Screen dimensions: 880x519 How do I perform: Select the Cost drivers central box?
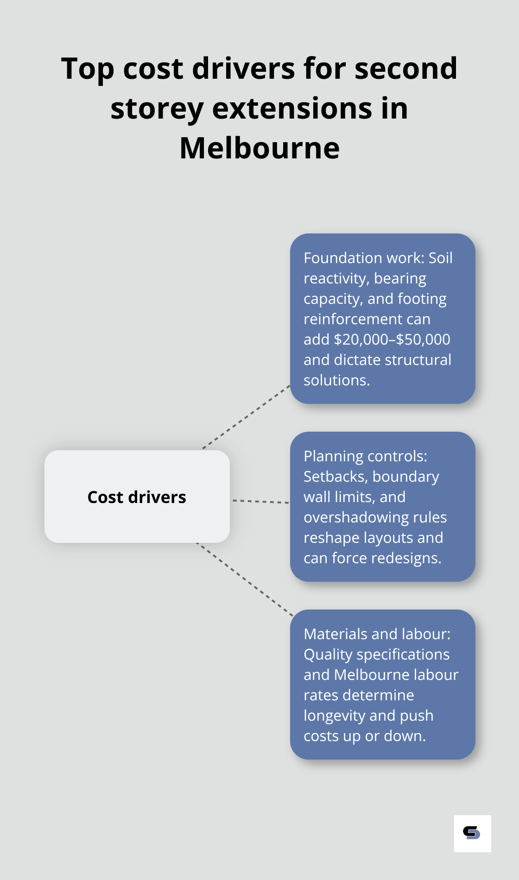pos(137,497)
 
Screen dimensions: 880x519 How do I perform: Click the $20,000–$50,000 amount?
pos(392,339)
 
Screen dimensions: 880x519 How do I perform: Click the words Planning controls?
pos(365,456)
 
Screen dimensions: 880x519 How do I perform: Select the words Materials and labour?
pos(377,634)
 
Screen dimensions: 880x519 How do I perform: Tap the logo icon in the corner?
pos(472,833)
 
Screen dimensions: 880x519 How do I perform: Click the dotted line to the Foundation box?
pos(247,416)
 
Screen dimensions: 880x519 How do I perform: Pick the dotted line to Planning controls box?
pos(260,501)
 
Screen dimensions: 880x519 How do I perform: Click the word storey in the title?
pos(157,109)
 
